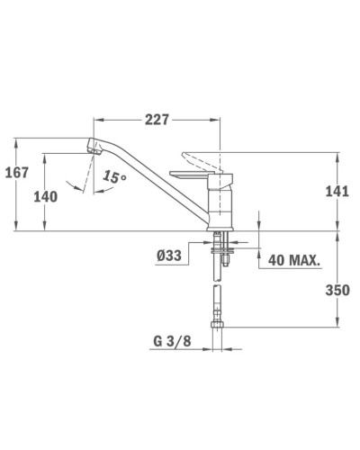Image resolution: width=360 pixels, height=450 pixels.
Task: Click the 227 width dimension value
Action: point(157,120)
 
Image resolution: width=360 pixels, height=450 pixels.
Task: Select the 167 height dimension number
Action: point(17,173)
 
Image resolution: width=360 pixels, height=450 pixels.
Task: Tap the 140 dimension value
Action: point(45,197)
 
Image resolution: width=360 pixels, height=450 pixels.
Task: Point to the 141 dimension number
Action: point(337,191)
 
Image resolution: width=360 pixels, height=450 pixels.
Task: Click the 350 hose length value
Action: point(337,290)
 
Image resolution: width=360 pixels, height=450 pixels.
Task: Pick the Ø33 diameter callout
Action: point(169,256)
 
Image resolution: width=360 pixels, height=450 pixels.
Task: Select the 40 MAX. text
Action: point(293,260)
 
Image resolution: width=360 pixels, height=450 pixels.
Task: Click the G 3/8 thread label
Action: point(172,341)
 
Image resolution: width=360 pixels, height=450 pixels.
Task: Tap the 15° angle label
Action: point(114,176)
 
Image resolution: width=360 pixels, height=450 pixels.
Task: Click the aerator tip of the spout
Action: point(94,148)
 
